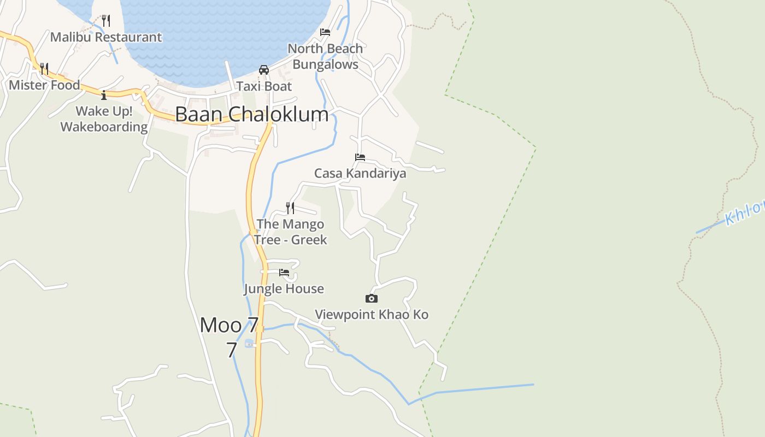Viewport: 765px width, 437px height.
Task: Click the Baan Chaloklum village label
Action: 252,114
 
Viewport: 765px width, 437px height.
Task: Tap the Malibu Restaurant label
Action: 106,37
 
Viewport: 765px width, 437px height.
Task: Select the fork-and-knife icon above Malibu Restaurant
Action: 106,21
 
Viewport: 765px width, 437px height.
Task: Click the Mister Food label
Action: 44,85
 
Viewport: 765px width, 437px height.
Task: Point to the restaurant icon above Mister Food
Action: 44,69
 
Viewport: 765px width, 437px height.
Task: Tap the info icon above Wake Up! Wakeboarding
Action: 104,96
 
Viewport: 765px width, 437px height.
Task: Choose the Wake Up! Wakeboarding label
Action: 104,119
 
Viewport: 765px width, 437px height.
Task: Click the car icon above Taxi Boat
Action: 264,70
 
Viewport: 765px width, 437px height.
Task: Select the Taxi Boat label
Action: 264,86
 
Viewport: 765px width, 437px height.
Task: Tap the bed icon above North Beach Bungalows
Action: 325,32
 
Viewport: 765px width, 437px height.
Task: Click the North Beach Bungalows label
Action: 325,56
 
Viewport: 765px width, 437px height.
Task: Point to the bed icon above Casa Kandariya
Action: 360,157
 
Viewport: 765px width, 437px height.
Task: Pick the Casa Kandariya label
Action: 360,174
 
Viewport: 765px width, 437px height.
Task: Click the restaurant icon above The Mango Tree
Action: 290,208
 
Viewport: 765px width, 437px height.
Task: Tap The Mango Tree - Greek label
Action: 290,232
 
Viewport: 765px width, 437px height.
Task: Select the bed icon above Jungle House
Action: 284,273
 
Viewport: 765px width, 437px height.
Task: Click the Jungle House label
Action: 284,288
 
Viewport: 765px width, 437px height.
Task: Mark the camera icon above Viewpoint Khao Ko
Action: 372,298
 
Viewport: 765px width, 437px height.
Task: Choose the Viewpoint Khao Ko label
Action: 372,315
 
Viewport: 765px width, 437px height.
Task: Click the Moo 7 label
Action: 229,326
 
